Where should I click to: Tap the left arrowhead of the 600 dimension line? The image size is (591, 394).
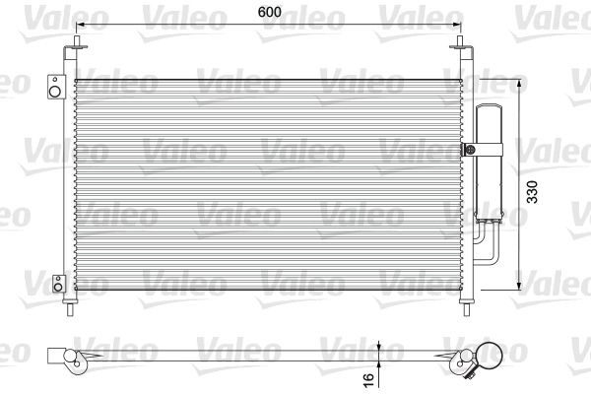(83, 24)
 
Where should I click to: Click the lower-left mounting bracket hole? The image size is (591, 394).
(57, 285)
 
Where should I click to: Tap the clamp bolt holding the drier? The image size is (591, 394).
(470, 151)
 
